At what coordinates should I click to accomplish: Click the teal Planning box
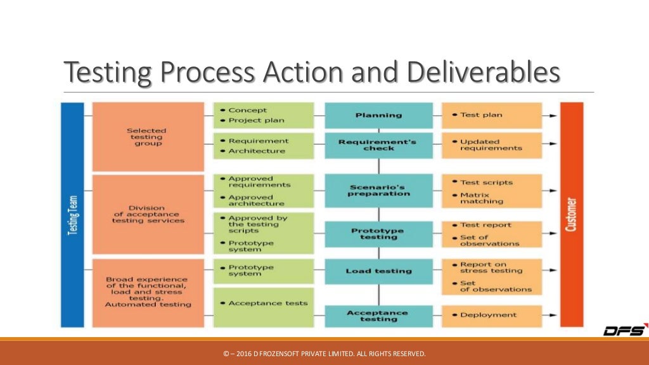pos(378,115)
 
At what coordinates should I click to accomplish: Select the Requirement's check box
pos(378,144)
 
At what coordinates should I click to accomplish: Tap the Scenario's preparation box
pos(378,190)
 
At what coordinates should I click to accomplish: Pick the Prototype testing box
pos(378,234)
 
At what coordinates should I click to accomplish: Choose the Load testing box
pos(378,271)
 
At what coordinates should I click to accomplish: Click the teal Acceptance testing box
pos(378,315)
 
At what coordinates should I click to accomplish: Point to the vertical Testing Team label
pos(72,215)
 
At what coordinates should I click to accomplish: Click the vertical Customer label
pos(572,215)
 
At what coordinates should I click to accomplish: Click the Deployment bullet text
pos(488,315)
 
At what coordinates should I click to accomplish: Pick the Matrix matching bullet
pos(482,198)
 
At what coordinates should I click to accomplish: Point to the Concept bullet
pos(248,110)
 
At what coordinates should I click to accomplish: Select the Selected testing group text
pos(146,137)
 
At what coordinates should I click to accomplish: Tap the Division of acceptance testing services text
pos(146,214)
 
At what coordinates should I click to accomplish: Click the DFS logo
pos(624,330)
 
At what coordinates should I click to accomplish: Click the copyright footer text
pos(324,354)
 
